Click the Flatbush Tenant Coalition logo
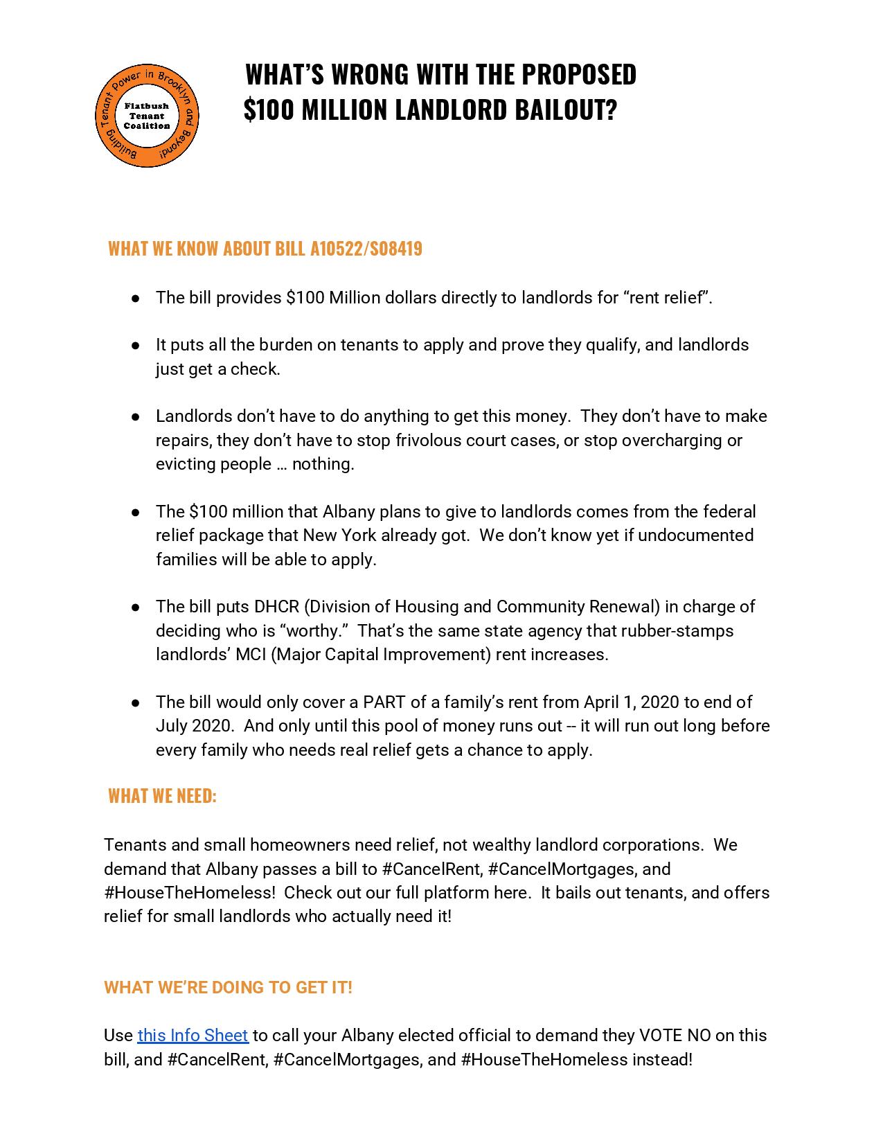(147, 116)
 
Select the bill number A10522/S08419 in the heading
(366, 249)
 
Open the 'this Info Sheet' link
(193, 1035)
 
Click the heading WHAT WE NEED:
(162, 796)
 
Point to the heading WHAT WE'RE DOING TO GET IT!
(228, 987)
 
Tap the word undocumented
(695, 535)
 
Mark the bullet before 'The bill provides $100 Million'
(136, 298)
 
